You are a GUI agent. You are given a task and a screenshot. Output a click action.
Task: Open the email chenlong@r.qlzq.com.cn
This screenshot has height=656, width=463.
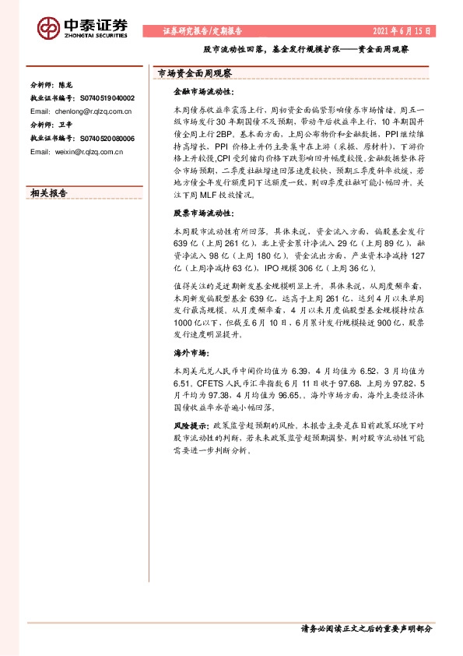tap(97, 111)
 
